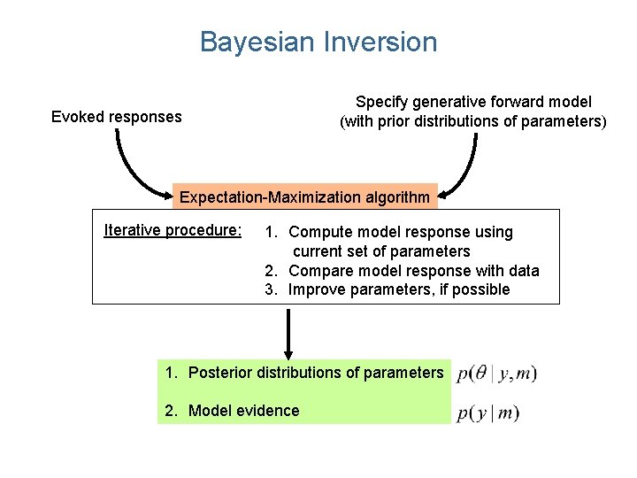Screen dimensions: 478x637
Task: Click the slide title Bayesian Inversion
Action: tap(318, 42)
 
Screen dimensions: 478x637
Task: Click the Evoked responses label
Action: tap(116, 117)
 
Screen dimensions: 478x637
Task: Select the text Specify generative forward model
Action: tap(473, 103)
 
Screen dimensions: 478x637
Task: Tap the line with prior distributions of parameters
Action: tap(473, 122)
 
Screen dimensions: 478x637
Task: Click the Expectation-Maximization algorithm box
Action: tap(305, 197)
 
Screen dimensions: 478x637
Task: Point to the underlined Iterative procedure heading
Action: tap(173, 230)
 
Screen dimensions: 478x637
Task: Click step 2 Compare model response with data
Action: tap(403, 271)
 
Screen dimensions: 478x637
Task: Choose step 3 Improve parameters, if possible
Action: tap(389, 289)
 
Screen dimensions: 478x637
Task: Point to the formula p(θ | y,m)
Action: tap(497, 374)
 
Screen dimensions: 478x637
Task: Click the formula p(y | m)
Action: tap(488, 412)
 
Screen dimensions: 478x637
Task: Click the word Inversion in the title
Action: tap(381, 42)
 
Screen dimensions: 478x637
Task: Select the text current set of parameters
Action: tap(388, 251)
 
